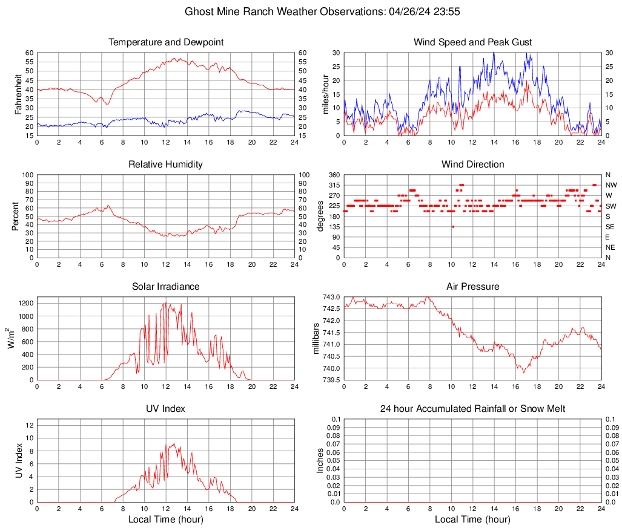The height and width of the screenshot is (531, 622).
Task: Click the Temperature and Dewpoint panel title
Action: tap(165, 42)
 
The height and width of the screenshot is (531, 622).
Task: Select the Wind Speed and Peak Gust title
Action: tap(472, 42)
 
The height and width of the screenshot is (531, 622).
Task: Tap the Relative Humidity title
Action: tap(165, 165)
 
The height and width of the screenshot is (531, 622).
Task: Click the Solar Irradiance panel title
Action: tap(165, 287)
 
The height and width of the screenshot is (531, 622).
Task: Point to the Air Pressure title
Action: tap(472, 287)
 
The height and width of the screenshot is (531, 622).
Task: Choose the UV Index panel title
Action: tap(165, 409)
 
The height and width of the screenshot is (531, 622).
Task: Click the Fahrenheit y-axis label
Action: tap(19, 94)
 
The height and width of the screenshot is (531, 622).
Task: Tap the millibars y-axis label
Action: tap(316, 339)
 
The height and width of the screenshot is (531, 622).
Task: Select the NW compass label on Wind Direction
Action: tap(610, 185)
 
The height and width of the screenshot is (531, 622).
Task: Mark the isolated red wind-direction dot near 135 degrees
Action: tap(452, 227)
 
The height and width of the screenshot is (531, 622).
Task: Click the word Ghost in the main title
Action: tap(198, 11)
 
